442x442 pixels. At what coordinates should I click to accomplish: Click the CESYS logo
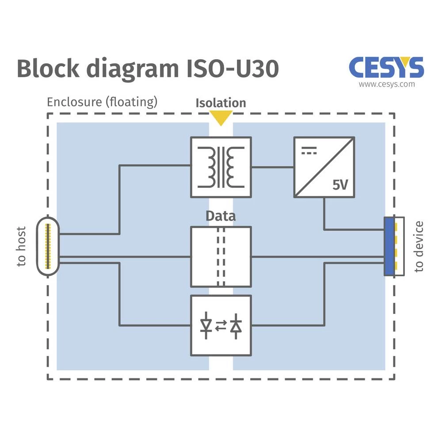pyautogui.click(x=386, y=68)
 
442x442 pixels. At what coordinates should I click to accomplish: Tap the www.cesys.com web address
pyautogui.click(x=387, y=84)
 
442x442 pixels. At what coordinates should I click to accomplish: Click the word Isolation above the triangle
pyautogui.click(x=221, y=103)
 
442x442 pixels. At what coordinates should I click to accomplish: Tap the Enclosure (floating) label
pyautogui.click(x=102, y=102)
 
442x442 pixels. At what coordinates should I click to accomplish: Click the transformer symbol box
pyautogui.click(x=221, y=167)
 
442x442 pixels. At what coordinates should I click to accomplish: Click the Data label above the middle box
pyautogui.click(x=221, y=216)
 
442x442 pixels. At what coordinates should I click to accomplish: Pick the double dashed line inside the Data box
pyautogui.click(x=221, y=256)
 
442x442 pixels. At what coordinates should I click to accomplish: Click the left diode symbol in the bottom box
pyautogui.click(x=206, y=326)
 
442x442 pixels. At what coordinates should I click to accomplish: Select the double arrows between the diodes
pyautogui.click(x=221, y=326)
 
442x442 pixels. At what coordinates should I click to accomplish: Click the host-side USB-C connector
pyautogui.click(x=48, y=246)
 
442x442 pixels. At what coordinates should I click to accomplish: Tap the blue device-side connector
pyautogui.click(x=389, y=246)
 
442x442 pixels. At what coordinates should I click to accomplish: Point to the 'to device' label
pyautogui.click(x=419, y=246)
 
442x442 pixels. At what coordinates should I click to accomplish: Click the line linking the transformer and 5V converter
pyautogui.click(x=273, y=167)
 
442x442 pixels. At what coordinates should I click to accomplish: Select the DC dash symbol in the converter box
pyautogui.click(x=309, y=151)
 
